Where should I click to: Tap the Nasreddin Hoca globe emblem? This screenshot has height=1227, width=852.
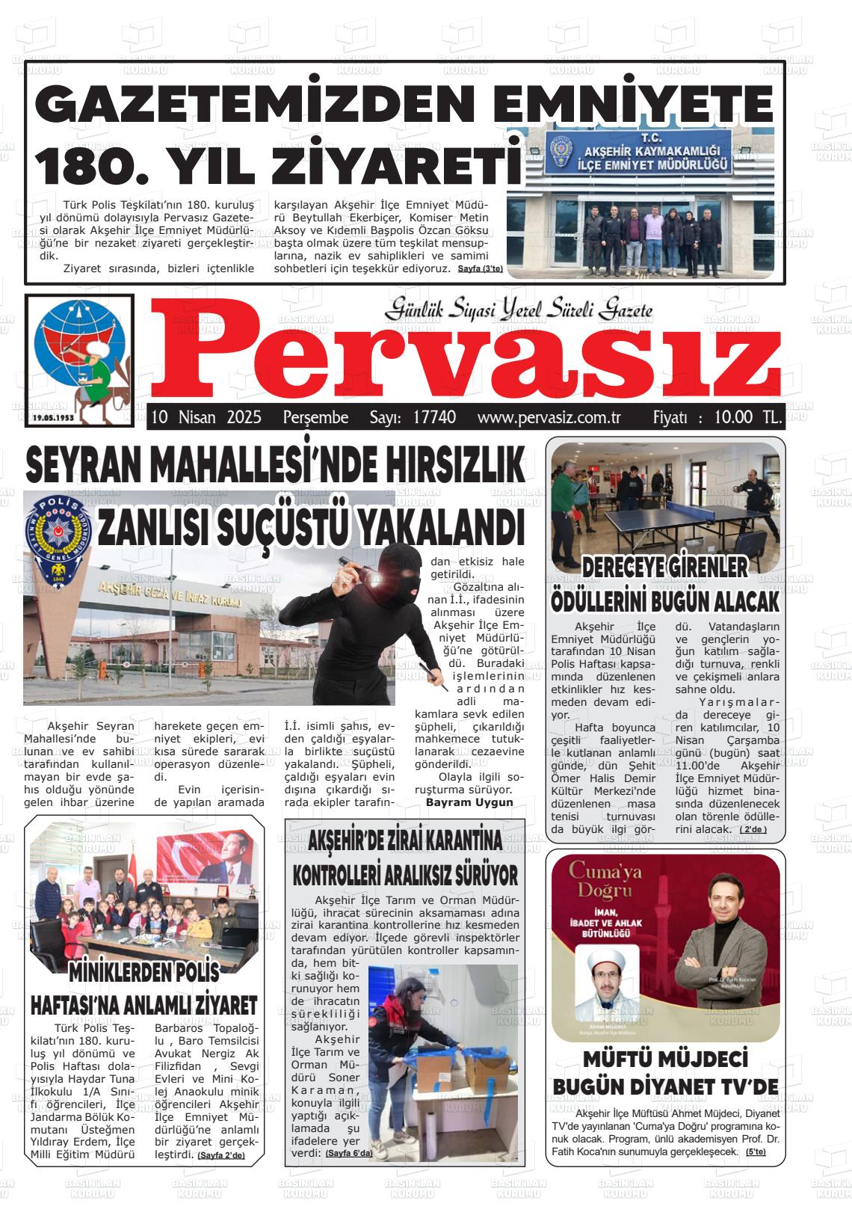[x=79, y=359]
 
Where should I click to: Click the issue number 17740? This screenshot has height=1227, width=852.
[x=434, y=417]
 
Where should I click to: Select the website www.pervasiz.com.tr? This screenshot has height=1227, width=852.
[x=549, y=417]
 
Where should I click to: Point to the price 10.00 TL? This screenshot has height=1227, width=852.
[x=748, y=417]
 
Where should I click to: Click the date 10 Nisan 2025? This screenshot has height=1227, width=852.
[x=206, y=417]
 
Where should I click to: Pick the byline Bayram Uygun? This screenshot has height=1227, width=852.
[x=469, y=802]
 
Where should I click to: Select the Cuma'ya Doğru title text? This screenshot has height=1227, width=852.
[x=601, y=880]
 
